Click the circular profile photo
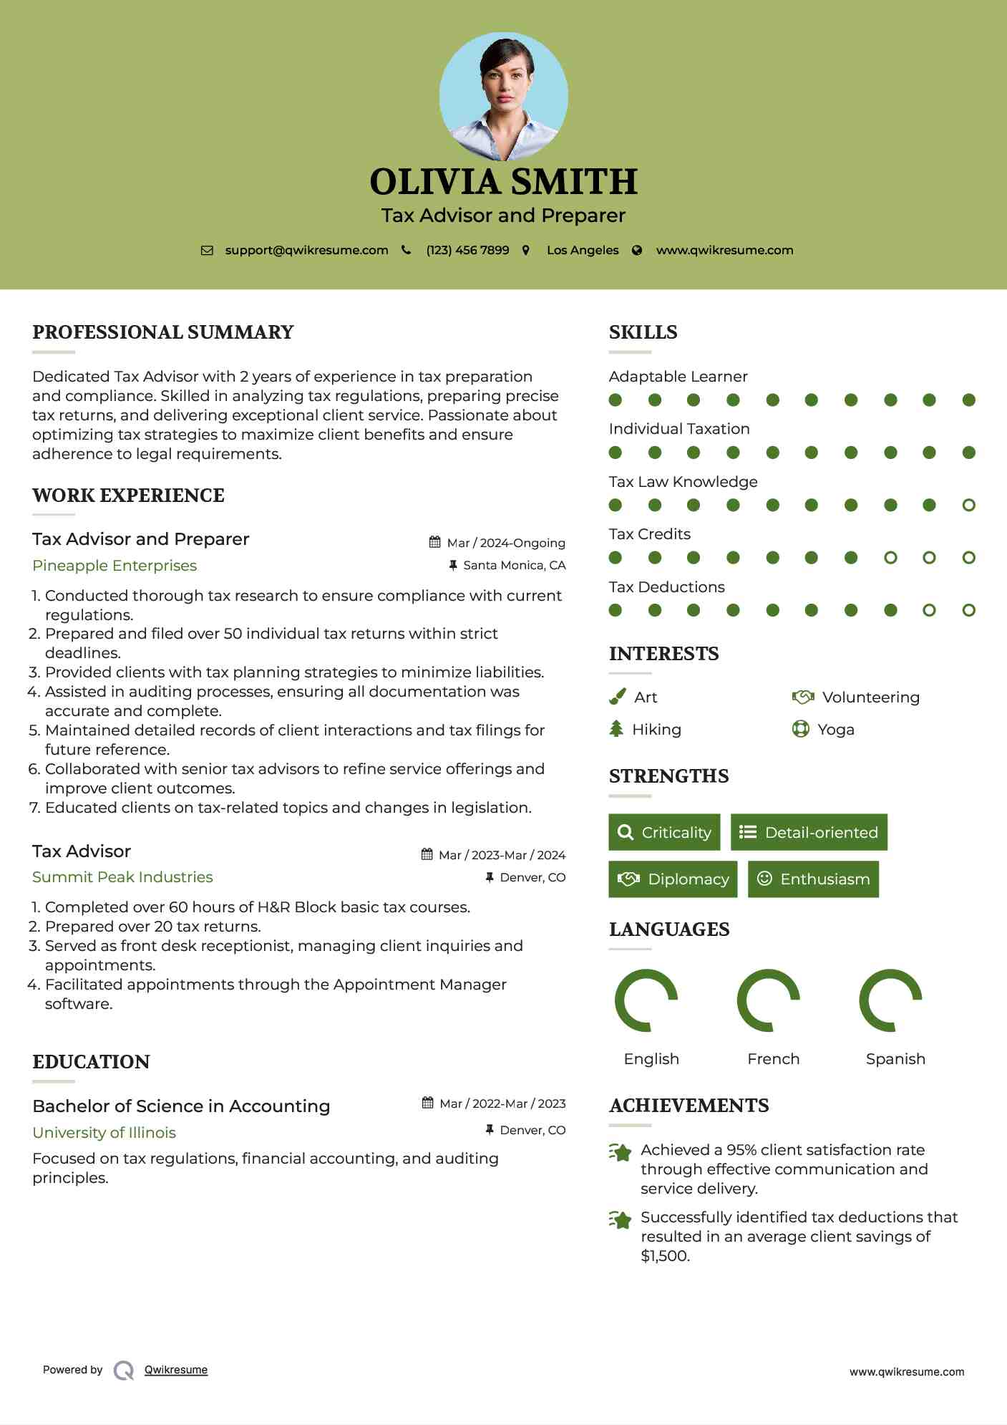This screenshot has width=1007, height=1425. pyautogui.click(x=503, y=96)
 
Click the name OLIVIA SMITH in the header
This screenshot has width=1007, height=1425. pyautogui.click(x=503, y=182)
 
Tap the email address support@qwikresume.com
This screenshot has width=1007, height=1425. pyautogui.click(x=306, y=251)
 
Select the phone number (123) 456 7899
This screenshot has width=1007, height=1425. pyautogui.click(x=467, y=251)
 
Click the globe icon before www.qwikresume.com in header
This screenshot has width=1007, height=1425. pyautogui.click(x=637, y=251)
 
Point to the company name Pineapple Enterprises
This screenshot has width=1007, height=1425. pyautogui.click(x=115, y=566)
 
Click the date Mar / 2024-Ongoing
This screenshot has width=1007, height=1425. pyautogui.click(x=505, y=543)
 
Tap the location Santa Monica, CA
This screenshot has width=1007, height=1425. pyautogui.click(x=514, y=566)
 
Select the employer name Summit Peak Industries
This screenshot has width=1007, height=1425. pyautogui.click(x=122, y=877)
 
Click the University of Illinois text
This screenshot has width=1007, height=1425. pyautogui.click(x=104, y=1133)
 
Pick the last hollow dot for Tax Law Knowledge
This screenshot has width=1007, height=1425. pyautogui.click(x=968, y=506)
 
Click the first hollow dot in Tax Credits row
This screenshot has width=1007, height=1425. pyautogui.click(x=890, y=558)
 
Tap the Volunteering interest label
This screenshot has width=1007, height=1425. pyautogui.click(x=870, y=697)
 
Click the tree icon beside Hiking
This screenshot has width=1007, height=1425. pyautogui.click(x=616, y=729)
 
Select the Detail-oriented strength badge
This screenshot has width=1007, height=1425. pyautogui.click(x=809, y=832)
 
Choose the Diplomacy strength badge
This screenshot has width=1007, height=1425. pyautogui.click(x=673, y=879)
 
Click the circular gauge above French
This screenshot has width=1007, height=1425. pyautogui.click(x=768, y=1000)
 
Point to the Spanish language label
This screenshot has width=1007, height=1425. pyautogui.click(x=895, y=1059)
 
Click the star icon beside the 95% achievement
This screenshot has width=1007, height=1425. pyautogui.click(x=620, y=1153)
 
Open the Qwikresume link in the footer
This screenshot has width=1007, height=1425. pyautogui.click(x=176, y=1370)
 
